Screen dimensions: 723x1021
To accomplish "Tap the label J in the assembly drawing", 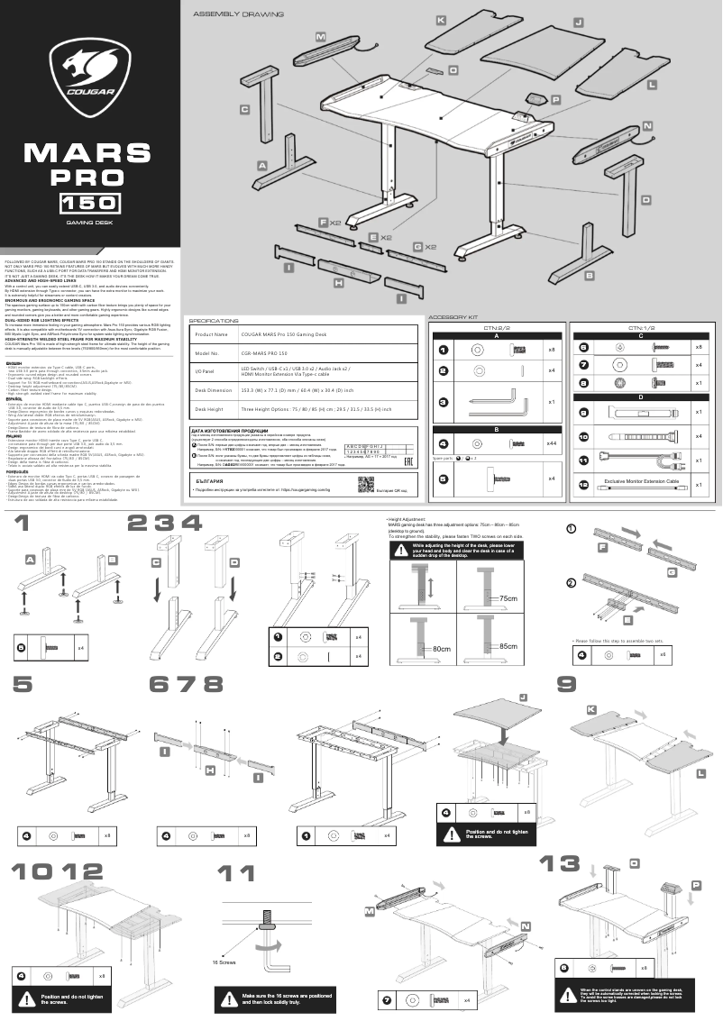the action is point(579,21).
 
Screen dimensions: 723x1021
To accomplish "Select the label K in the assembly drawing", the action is point(441,20).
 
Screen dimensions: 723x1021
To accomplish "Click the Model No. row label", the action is point(208,355).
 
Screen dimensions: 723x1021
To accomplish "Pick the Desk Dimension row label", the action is point(214,389).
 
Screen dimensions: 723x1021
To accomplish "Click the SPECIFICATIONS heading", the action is point(214,320).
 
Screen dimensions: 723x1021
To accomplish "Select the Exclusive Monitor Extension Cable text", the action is point(641,483).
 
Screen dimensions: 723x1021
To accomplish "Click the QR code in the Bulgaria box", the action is point(365,484).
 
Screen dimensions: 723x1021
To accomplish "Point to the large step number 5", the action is point(23,685).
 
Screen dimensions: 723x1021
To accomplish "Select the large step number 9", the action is point(567,685).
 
